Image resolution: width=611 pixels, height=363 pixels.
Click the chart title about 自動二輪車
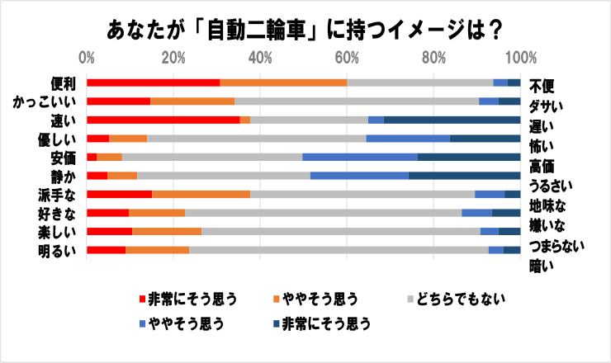pos(305,31)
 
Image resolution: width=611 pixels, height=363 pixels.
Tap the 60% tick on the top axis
pos(347,59)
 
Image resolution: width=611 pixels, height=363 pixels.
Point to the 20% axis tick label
pos(173,59)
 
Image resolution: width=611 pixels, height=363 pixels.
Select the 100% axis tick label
pos(520,59)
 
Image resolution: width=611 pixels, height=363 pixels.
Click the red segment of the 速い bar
pos(163,120)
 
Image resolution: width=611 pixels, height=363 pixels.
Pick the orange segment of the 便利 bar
pos(283,82)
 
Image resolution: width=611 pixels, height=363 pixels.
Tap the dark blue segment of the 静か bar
pos(464,175)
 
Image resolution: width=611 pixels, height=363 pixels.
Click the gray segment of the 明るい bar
pos(339,249)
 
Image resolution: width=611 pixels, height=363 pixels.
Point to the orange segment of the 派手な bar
pos(201,194)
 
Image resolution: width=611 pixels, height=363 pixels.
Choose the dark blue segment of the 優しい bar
pos(485,138)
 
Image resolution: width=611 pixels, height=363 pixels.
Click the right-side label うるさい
pos(551,186)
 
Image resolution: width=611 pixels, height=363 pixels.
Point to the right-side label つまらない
pos(557,246)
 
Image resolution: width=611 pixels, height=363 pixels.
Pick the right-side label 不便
pos(542,85)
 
